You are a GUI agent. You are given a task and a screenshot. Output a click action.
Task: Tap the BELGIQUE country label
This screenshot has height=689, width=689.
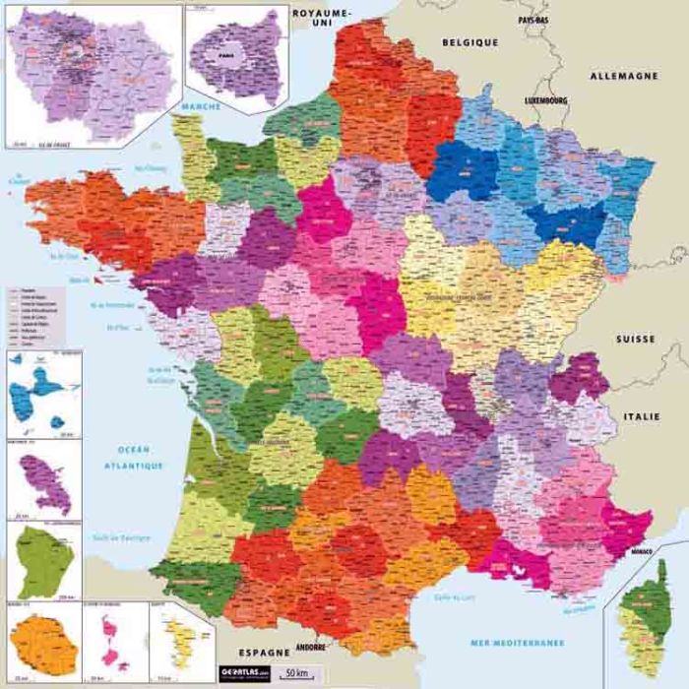[x=470, y=43]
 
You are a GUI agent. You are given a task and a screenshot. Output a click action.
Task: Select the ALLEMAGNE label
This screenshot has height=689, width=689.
[x=623, y=76]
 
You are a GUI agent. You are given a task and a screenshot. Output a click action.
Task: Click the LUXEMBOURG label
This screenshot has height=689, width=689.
[x=546, y=100]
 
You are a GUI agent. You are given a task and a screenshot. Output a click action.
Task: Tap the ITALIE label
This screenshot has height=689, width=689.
[x=640, y=416]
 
